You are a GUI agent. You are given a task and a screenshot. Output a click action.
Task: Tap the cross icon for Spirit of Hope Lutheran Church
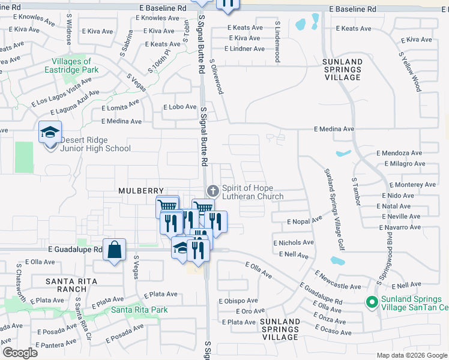click(212, 191)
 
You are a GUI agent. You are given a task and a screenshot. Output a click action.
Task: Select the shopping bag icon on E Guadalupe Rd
click(114, 249)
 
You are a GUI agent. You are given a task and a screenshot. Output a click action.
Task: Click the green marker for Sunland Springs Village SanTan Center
click(372, 302)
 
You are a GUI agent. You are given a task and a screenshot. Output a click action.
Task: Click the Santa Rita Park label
click(139, 310)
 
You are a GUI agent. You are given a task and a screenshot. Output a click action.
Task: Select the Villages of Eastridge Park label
click(71, 65)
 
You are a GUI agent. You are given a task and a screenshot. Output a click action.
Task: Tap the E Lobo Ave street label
click(180, 107)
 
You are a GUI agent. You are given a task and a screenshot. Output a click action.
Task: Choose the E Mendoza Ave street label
click(399, 153)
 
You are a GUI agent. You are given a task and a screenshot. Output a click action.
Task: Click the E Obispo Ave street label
click(238, 301)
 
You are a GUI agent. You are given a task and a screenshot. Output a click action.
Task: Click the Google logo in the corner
click(20, 353)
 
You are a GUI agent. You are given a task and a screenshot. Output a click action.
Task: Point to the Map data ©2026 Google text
click(412, 355)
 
